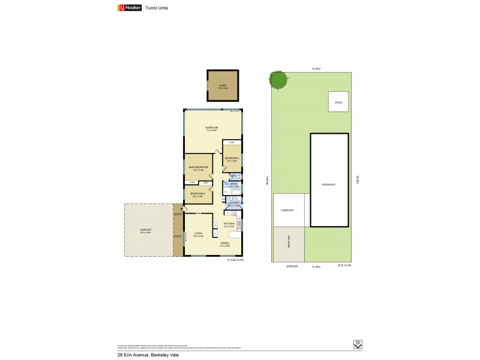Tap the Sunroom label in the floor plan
tap(211, 128)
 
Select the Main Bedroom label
tap(199, 167)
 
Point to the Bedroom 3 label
tap(232, 158)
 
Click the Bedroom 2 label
tap(198, 194)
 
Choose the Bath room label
tap(234, 185)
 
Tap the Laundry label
tap(234, 203)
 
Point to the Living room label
tap(198, 234)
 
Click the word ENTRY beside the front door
tap(178, 214)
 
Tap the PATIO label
tap(178, 236)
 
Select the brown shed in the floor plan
tap(223, 86)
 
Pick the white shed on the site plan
tap(338, 103)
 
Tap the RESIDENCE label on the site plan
tap(329, 184)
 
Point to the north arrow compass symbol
tap(358, 344)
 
